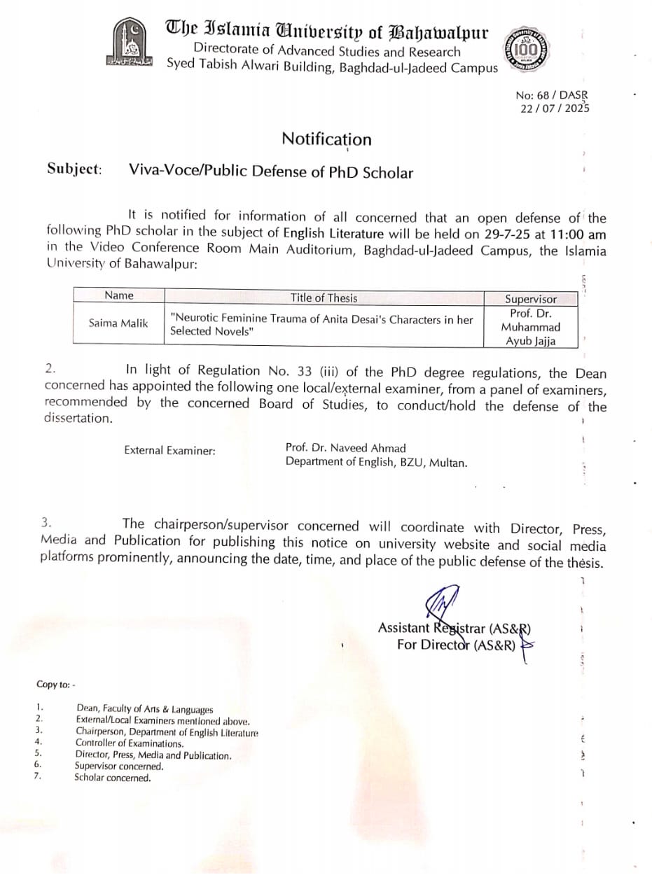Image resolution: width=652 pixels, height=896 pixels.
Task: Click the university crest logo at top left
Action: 130,43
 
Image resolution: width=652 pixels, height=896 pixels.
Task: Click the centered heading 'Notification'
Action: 326,139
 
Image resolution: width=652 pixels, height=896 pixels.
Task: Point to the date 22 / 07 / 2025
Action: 555,108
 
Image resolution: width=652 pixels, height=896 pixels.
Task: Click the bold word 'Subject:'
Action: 74,169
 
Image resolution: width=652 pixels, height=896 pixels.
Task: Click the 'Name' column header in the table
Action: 118,295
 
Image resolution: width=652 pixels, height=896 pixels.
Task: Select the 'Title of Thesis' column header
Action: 324,297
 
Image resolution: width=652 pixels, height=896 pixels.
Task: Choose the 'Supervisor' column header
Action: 531,299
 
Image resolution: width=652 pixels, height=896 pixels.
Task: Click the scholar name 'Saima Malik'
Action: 118,323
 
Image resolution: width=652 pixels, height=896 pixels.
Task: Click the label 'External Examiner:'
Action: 169,451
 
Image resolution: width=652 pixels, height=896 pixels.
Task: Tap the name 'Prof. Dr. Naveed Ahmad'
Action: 345,447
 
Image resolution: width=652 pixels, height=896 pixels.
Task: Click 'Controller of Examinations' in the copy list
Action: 130,743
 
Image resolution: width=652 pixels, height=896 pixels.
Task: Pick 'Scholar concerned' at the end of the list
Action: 113,778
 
